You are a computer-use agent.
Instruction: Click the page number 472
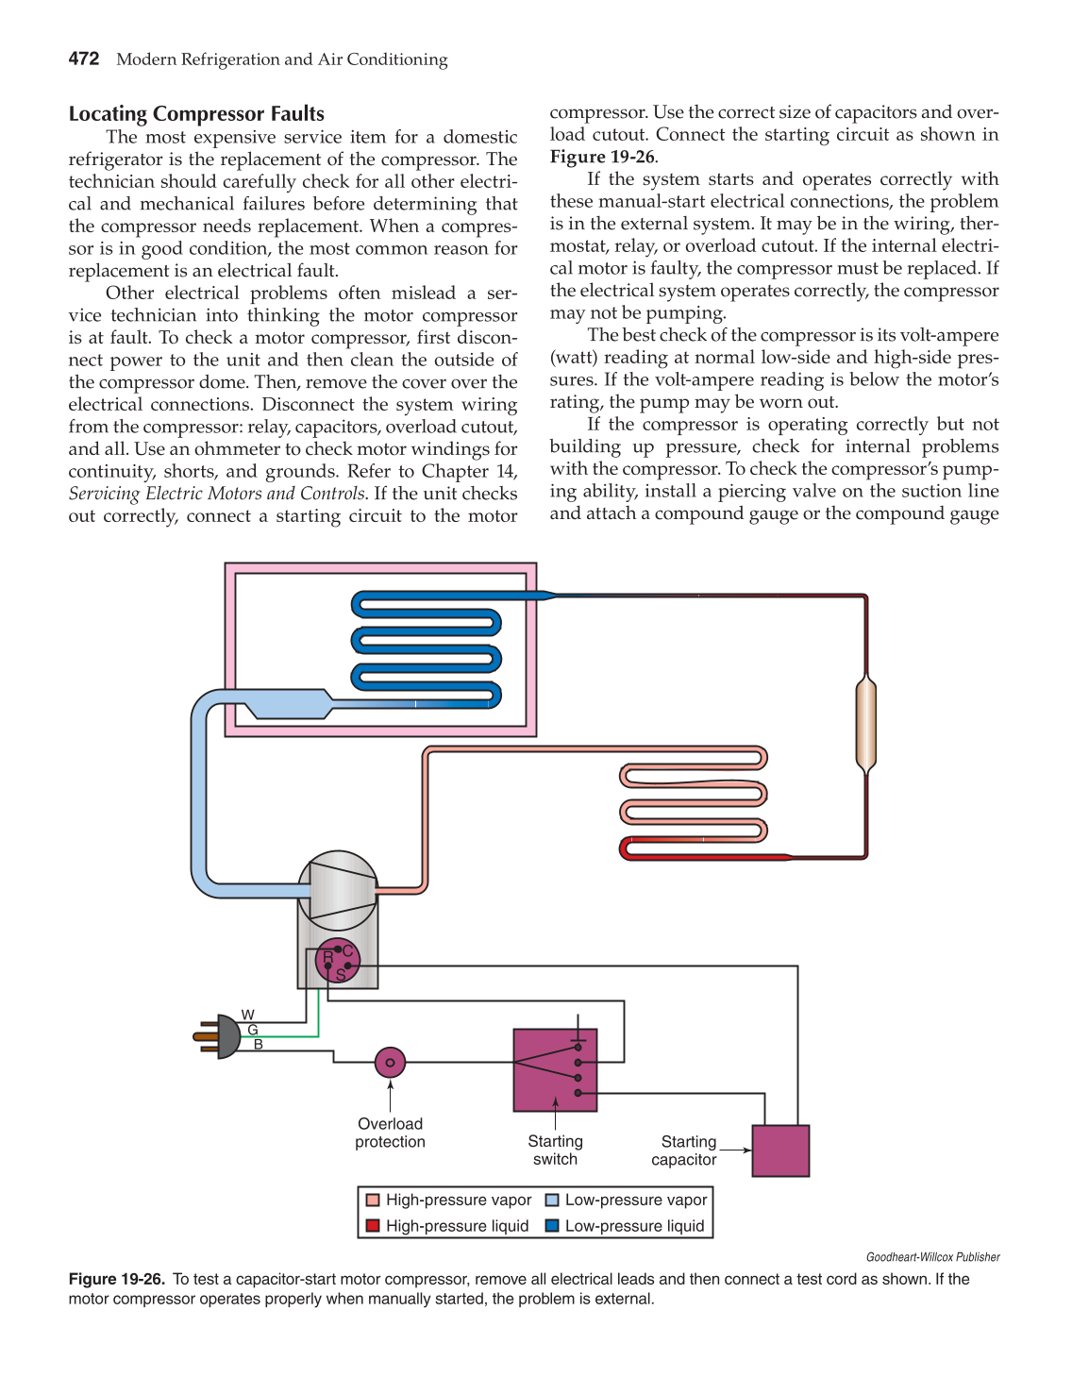click(84, 59)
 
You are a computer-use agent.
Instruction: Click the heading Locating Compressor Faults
click(196, 114)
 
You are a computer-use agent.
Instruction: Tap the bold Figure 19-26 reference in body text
click(602, 157)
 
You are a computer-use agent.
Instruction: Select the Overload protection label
click(390, 1133)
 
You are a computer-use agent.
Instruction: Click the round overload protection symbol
click(390, 1062)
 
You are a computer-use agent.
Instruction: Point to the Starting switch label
click(555, 1150)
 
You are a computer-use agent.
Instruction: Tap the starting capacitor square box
click(780, 1150)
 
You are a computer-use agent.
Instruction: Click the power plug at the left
click(219, 1036)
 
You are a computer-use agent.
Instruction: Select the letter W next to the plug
click(248, 1016)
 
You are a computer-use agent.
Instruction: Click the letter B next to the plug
click(258, 1045)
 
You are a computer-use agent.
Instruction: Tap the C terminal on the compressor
click(347, 950)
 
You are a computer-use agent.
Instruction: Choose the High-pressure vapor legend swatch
click(373, 1201)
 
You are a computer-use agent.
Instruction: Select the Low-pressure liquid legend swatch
click(552, 1226)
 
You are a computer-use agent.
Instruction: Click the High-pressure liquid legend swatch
click(373, 1226)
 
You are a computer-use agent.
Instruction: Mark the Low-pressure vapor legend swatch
click(552, 1201)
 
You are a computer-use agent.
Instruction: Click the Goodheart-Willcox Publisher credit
click(932, 1257)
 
